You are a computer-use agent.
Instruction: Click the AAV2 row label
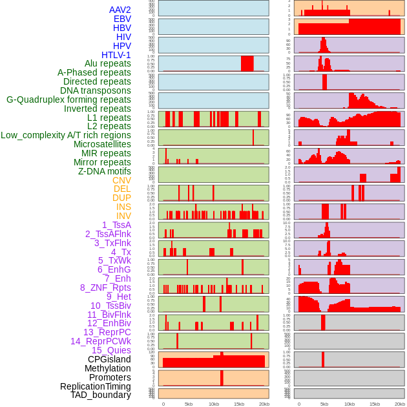120,10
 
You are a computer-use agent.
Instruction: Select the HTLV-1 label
116,55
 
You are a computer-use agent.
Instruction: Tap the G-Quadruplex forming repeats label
68,99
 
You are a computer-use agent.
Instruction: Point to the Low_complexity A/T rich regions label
66,135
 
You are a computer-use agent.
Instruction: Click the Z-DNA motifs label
105,171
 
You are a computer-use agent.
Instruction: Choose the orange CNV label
121,180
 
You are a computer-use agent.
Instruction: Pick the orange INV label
123,216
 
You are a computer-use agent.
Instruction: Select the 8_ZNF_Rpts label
105,287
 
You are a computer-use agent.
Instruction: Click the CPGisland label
109,359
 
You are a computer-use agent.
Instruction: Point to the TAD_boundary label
101,395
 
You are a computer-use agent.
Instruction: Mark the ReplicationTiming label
96,386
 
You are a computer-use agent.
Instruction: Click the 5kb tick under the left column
189,404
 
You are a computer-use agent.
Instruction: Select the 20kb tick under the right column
400,404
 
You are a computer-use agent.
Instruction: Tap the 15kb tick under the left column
239,404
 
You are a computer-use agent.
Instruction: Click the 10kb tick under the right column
350,404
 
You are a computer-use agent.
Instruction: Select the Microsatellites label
102,144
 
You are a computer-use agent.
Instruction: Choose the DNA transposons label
96,90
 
